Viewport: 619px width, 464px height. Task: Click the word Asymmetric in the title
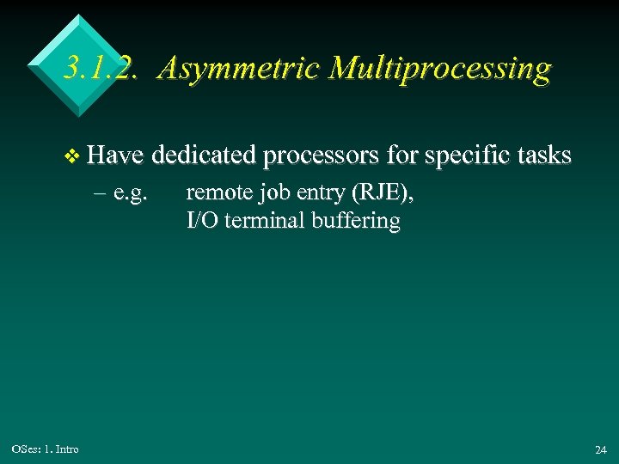(x=228, y=69)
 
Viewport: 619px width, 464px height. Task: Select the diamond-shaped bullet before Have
(x=73, y=156)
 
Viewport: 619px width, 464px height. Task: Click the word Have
(x=118, y=156)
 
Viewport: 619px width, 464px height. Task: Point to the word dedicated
(x=205, y=156)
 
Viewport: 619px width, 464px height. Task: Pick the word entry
(x=316, y=194)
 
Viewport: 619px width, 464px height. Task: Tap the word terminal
(x=264, y=220)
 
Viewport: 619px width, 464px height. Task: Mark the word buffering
(x=357, y=221)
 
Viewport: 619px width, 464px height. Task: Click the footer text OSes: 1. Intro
(x=46, y=449)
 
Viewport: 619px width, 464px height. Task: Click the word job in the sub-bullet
(x=270, y=194)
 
